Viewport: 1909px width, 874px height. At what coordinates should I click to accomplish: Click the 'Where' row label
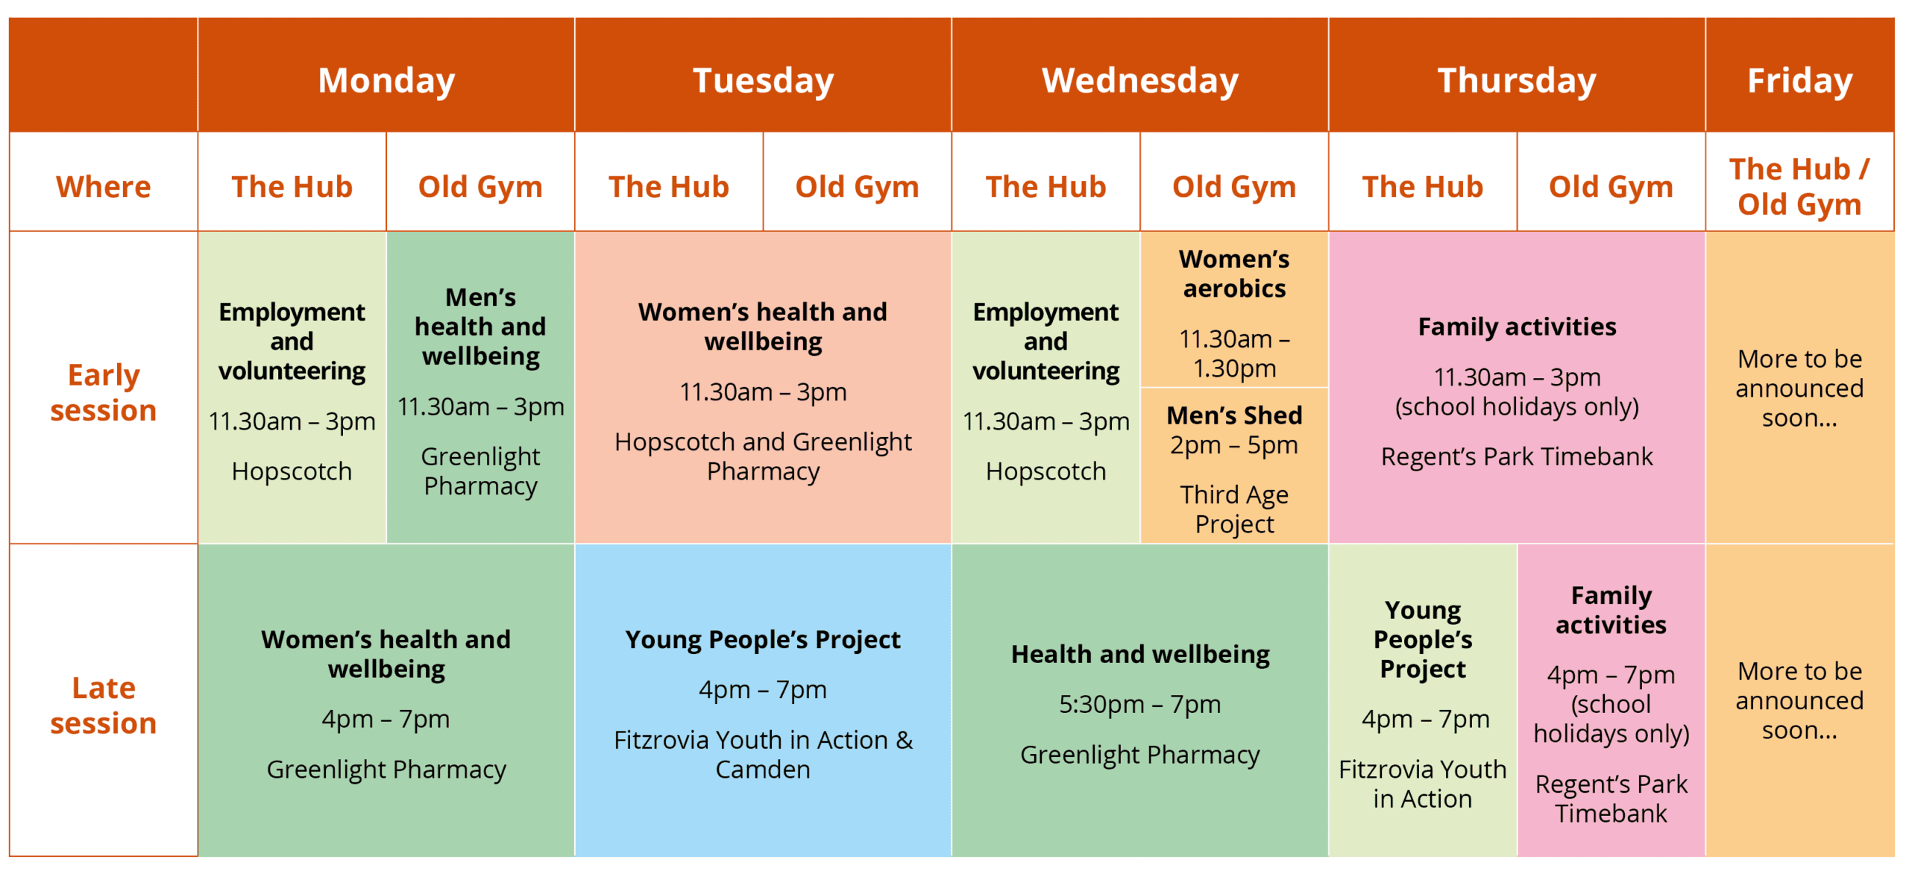(x=104, y=186)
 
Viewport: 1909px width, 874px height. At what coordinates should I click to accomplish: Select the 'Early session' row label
(x=104, y=392)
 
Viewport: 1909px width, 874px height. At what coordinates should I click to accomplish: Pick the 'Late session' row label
(x=104, y=705)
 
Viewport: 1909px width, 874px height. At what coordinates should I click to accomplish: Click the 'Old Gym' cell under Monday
(x=480, y=186)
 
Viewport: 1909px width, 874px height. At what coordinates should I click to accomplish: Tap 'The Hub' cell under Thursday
(x=1423, y=186)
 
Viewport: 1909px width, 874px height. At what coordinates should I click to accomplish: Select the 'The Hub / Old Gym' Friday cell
(x=1799, y=186)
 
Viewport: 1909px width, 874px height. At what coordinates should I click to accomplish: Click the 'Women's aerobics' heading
(x=1234, y=273)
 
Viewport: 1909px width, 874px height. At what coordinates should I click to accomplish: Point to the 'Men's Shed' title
(x=1234, y=415)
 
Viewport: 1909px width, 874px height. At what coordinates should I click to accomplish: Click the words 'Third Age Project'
(x=1234, y=509)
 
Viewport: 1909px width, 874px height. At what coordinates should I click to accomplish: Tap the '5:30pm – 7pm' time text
(x=1139, y=703)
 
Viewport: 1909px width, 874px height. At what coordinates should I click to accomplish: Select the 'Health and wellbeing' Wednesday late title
(x=1139, y=654)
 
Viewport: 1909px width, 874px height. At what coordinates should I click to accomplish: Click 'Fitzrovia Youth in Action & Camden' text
(x=763, y=754)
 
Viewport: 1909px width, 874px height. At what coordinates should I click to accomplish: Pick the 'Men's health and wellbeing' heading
(x=480, y=326)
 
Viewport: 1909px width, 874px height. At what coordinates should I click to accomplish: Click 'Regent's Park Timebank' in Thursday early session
(x=1517, y=456)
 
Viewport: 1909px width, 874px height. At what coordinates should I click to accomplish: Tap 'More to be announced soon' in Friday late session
(x=1799, y=700)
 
